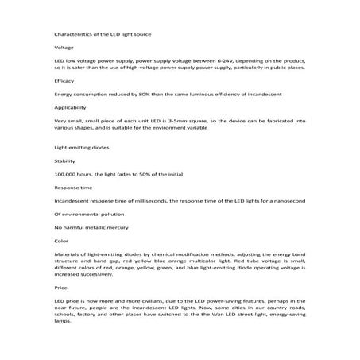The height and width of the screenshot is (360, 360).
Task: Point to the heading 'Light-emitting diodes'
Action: [79, 149]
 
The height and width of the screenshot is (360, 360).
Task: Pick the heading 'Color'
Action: [60, 240]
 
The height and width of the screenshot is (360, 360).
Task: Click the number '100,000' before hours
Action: [66, 175]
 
